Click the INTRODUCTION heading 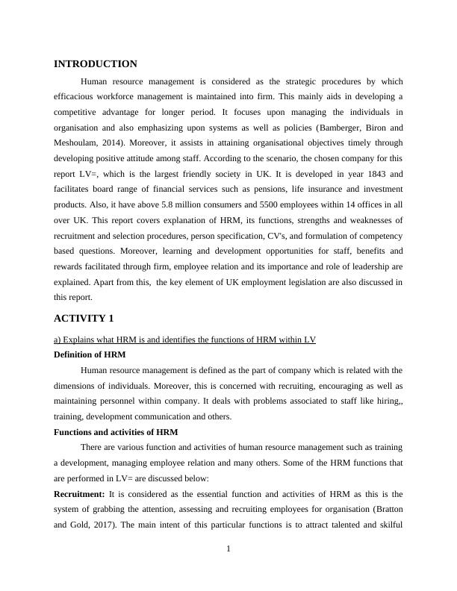pyautogui.click(x=96, y=64)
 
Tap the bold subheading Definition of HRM pyautogui.click(x=90, y=354)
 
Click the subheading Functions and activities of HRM pyautogui.click(x=116, y=432)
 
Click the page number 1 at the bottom pyautogui.click(x=228, y=550)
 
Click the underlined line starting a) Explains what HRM pyautogui.click(x=184, y=340)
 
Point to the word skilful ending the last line pyautogui.click(x=389, y=525)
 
